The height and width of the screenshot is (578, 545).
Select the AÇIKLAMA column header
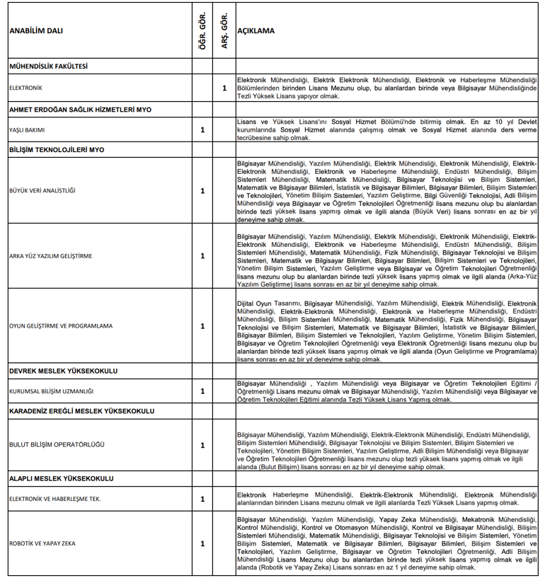pyautogui.click(x=256, y=32)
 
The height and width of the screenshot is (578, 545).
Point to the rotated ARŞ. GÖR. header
pyautogui.click(x=224, y=32)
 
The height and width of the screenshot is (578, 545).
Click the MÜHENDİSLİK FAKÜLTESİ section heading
pyautogui.click(x=48, y=66)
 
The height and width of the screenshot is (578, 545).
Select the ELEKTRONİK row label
pyautogui.click(x=25, y=88)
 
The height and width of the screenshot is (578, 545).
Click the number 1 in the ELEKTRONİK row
pyautogui.click(x=224, y=88)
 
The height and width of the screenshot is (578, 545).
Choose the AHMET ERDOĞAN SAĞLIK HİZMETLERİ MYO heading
pyautogui.click(x=80, y=110)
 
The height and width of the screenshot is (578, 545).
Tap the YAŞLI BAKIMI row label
pyautogui.click(x=26, y=130)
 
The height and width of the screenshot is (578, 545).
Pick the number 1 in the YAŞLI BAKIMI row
pyautogui.click(x=202, y=130)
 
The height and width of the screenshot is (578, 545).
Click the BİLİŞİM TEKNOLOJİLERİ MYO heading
pyautogui.click(x=57, y=151)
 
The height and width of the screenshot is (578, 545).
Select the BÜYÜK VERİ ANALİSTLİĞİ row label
pyautogui.click(x=42, y=191)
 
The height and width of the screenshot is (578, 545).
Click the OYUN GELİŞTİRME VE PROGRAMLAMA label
pyautogui.click(x=60, y=326)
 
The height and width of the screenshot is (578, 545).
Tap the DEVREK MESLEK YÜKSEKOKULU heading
pyautogui.click(x=63, y=371)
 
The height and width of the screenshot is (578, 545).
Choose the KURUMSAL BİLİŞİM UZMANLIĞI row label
pyautogui.click(x=51, y=391)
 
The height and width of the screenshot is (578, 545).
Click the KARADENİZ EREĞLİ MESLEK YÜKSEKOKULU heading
pyautogui.click(x=81, y=411)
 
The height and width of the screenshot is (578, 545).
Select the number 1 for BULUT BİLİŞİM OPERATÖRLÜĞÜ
pyautogui.click(x=202, y=445)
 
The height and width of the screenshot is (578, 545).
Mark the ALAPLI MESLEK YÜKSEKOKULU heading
pyautogui.click(x=61, y=479)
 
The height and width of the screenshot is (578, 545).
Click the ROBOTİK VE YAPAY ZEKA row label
pyautogui.click(x=42, y=544)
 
